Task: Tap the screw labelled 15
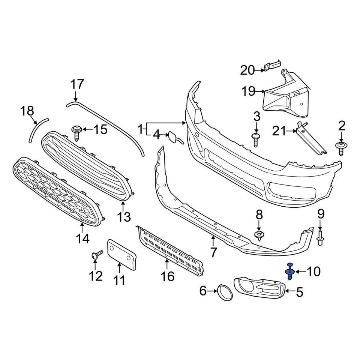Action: [x=77, y=132]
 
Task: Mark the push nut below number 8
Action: [x=258, y=236]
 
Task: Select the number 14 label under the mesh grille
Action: [x=83, y=238]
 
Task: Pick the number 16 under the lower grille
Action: [x=167, y=276]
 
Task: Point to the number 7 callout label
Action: [x=213, y=252]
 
